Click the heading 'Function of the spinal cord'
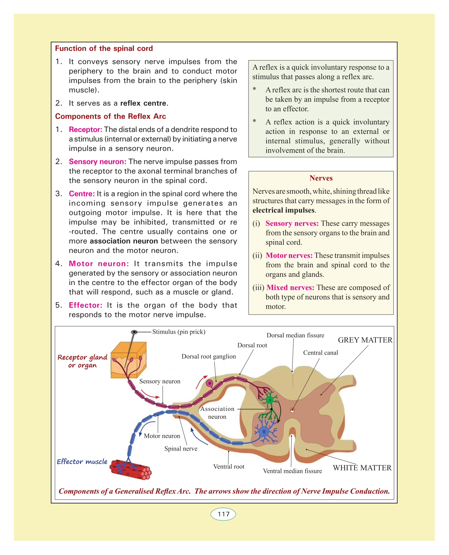tap(104, 49)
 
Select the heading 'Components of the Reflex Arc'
tap(110, 116)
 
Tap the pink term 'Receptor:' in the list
tap(85, 130)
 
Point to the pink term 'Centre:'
tap(82, 194)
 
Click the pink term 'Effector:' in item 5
tap(85, 305)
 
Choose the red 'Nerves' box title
tap(321, 178)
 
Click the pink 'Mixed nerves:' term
tap(290, 288)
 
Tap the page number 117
tap(223, 514)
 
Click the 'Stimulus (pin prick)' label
tap(179, 332)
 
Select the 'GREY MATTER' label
tap(365, 340)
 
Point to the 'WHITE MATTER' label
tap(362, 468)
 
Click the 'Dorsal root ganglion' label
tap(209, 357)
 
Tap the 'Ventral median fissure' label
tap(292, 471)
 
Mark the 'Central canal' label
tap(320, 353)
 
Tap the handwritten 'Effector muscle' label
tap(82, 462)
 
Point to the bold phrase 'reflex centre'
tap(143, 103)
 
